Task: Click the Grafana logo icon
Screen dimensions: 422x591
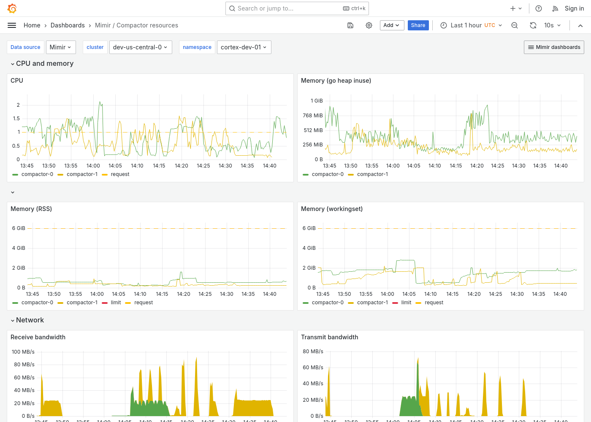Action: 12,8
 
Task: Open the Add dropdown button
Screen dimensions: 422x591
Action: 392,25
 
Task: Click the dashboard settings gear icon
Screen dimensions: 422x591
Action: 369,25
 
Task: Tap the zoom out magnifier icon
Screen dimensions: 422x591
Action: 515,25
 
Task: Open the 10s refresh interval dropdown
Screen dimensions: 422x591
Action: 552,25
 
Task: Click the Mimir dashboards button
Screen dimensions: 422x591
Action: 554,47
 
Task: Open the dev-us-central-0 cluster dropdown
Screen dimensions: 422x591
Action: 140,47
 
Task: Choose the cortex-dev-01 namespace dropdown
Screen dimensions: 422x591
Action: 244,47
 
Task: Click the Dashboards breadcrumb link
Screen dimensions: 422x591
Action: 68,25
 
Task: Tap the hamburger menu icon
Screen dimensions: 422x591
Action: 12,25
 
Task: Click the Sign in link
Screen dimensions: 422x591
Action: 574,8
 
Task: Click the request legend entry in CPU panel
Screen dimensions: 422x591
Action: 120,174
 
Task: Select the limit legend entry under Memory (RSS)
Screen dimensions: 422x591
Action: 116,303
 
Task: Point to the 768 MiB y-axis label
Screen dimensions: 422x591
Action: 312,116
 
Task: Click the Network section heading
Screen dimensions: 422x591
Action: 30,320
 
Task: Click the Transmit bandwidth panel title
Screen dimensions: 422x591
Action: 329,337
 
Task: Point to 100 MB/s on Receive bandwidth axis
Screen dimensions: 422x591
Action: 23,352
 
